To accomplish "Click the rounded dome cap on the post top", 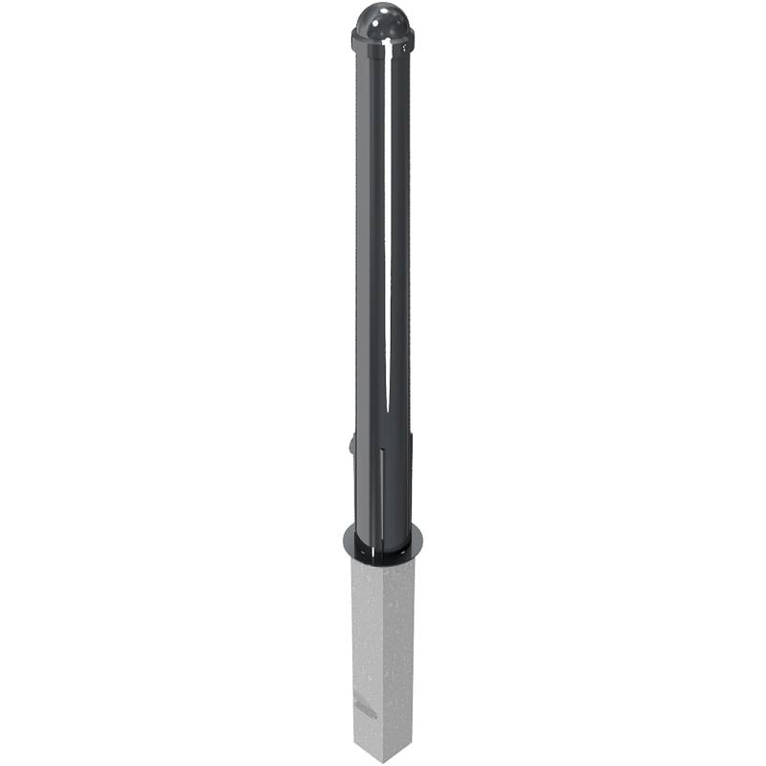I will [382, 21].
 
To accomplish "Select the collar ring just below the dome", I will [383, 41].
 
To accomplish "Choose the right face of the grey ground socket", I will [402, 651].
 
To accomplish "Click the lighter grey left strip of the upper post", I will [361, 239].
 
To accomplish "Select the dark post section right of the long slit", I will [400, 239].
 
